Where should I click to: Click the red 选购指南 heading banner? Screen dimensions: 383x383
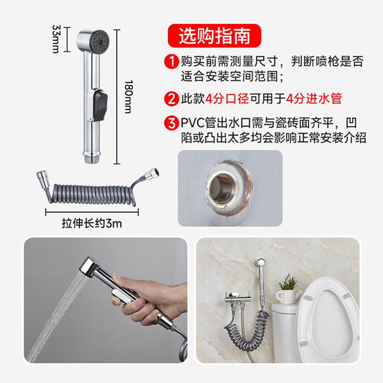214,36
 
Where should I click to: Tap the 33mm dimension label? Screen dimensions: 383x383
56,39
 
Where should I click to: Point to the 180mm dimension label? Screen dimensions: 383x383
128,97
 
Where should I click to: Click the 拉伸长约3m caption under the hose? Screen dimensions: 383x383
92,223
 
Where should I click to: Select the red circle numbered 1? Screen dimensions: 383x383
171,61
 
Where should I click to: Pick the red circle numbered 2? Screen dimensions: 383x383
171,99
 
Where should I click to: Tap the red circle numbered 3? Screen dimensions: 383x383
171,123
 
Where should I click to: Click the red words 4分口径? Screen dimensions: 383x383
227,99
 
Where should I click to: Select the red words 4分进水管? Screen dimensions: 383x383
314,99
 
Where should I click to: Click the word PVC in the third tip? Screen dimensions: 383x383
193,123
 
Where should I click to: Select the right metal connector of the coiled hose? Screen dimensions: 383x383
152,173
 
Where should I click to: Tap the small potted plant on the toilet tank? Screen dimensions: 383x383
288,289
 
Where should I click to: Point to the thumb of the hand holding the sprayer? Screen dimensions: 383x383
122,281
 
